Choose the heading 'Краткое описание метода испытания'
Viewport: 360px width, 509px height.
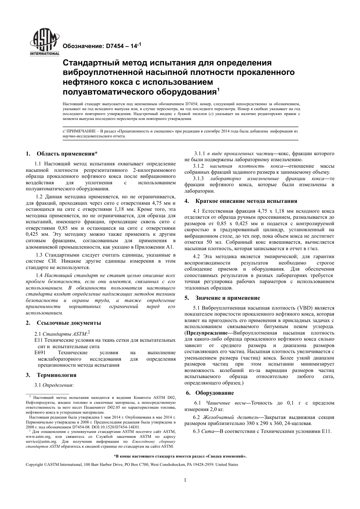click(246, 201)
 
